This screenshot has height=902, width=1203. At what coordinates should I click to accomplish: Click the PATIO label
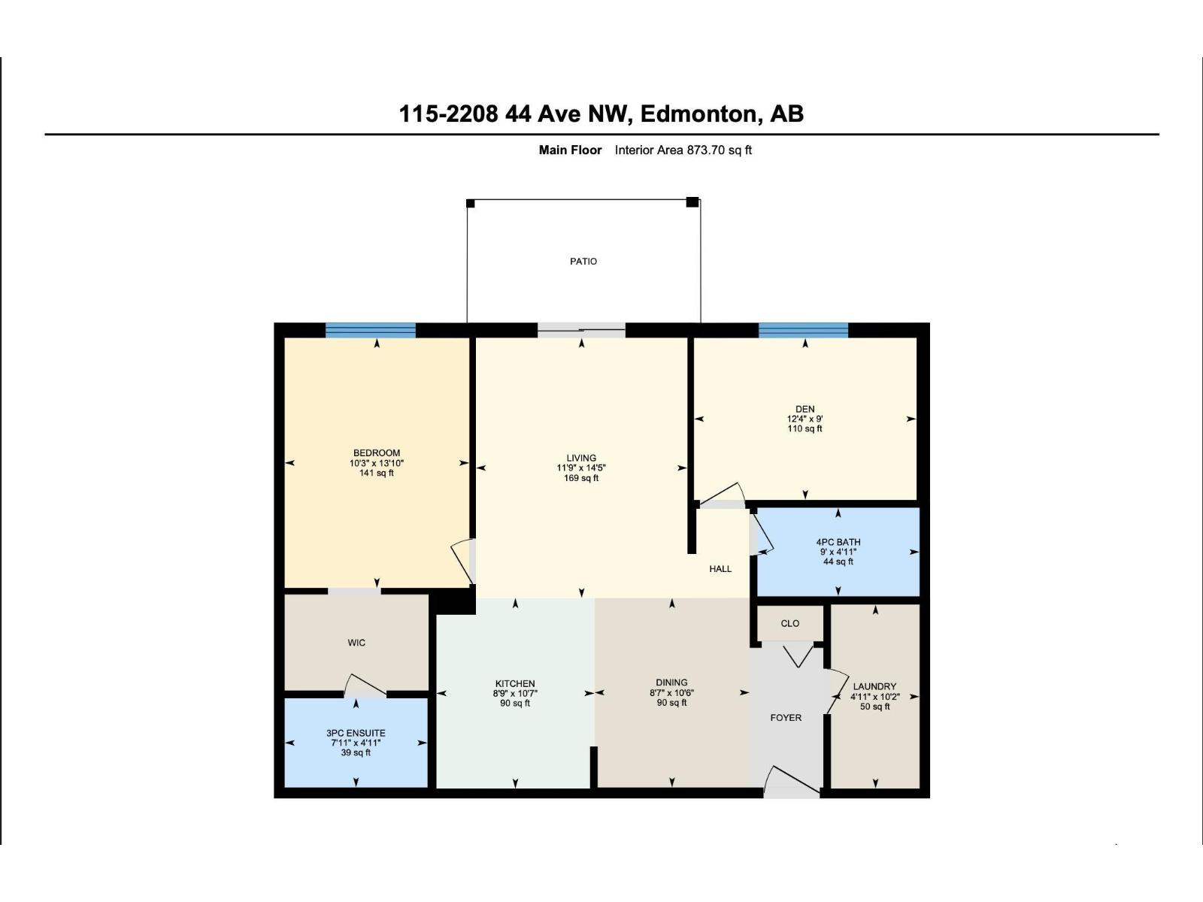(583, 262)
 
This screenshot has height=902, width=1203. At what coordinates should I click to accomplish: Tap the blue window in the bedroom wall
(370, 330)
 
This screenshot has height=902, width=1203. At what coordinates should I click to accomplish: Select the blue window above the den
(803, 330)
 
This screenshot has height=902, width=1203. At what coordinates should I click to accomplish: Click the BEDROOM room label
(377, 453)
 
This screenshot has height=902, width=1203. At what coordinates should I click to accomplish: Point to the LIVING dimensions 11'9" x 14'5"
(580, 468)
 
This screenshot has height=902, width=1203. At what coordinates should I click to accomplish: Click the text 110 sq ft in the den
(805, 428)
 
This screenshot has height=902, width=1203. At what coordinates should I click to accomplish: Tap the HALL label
(720, 569)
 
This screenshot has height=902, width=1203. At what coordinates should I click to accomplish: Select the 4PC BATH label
(838, 542)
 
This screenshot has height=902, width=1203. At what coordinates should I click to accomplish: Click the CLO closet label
(789, 624)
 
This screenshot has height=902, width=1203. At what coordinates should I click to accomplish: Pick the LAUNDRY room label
(874, 686)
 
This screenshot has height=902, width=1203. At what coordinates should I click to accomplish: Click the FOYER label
(786, 718)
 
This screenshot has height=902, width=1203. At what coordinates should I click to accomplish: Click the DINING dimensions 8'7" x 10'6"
(671, 693)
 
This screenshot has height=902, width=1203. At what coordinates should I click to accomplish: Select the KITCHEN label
(515, 684)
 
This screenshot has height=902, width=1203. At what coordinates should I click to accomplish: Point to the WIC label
(356, 643)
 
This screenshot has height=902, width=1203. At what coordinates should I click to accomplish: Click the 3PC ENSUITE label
(356, 733)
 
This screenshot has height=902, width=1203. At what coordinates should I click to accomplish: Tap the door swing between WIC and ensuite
(365, 686)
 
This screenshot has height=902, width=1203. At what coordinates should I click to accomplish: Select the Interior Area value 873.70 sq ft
(719, 150)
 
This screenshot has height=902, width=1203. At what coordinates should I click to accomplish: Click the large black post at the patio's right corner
(692, 201)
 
